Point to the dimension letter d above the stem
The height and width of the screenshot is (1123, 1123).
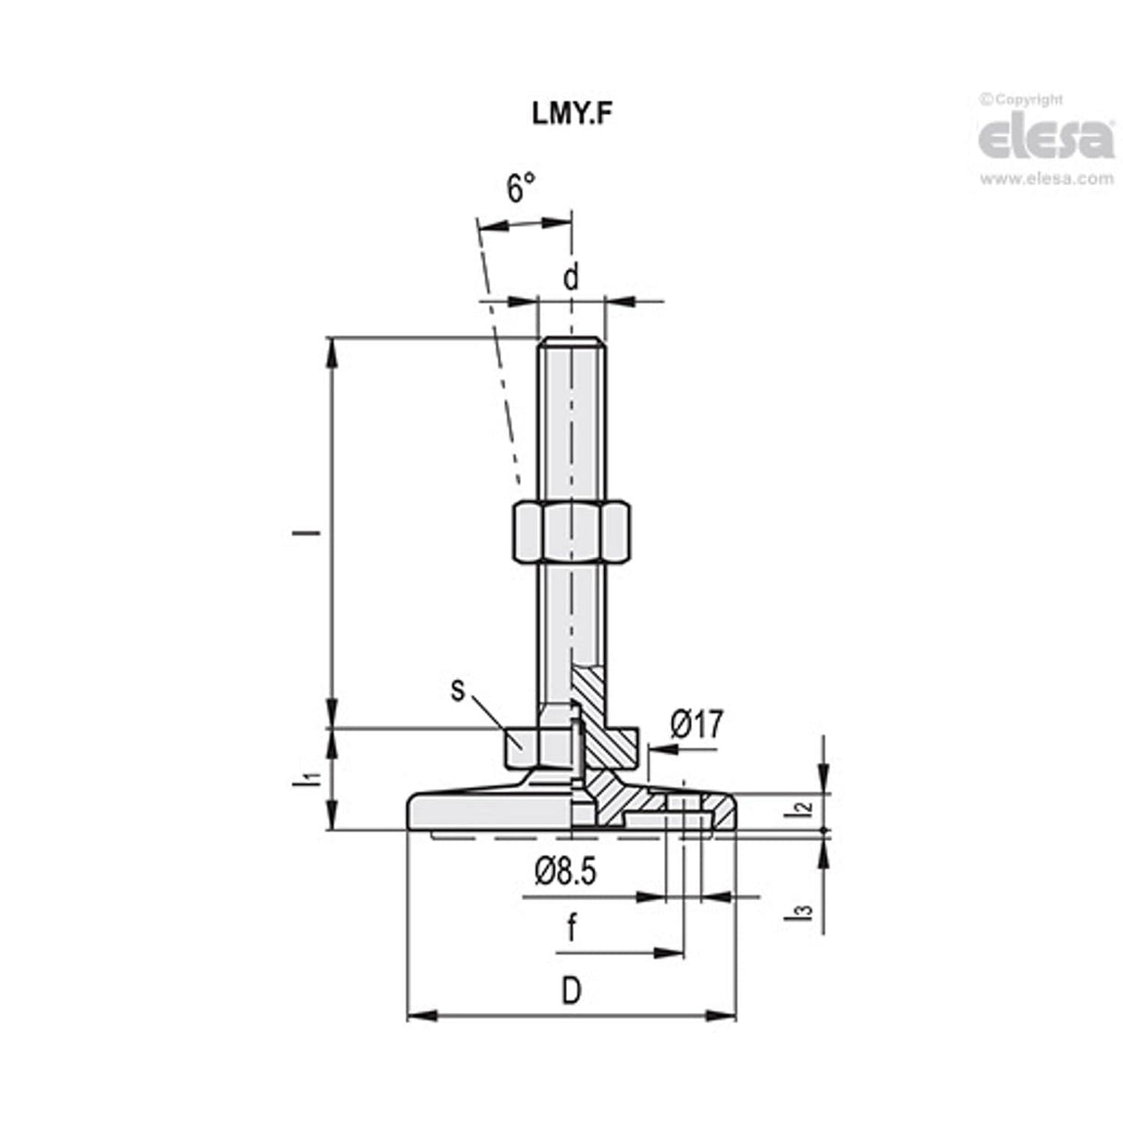click(572, 276)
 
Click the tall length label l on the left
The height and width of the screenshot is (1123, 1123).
click(314, 533)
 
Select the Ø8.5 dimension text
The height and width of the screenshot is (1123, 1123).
click(565, 870)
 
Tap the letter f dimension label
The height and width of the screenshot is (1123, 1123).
click(572, 928)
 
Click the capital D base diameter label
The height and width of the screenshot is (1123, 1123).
click(572, 992)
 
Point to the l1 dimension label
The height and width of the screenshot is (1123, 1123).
click(314, 778)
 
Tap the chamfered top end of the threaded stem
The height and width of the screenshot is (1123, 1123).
click(571, 343)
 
